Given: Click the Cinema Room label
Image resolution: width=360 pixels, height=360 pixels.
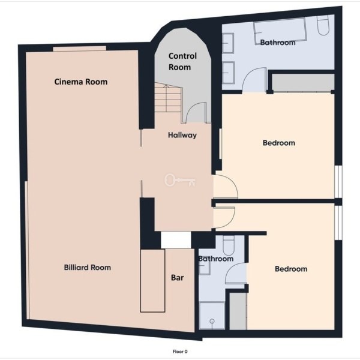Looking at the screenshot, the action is (x=81, y=82).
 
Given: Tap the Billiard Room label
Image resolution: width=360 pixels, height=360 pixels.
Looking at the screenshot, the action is (x=88, y=268).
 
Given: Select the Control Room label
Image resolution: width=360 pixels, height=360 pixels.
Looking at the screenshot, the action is (x=182, y=62).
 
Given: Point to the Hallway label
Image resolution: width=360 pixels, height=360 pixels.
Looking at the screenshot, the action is (x=182, y=135).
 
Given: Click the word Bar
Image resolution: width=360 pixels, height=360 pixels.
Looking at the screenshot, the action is (x=177, y=278).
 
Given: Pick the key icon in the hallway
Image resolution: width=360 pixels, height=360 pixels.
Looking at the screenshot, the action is (x=180, y=180).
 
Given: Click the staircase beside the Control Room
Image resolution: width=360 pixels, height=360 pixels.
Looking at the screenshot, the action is (x=168, y=98).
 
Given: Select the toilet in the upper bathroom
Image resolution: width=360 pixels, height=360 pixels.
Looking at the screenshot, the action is (x=323, y=25).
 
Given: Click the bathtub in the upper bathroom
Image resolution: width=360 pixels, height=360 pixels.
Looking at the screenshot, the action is (x=280, y=31).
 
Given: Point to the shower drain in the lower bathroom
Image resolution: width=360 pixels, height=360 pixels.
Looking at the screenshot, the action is (x=212, y=321).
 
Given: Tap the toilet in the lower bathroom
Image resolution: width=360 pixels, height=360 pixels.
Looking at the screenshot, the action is (x=229, y=245).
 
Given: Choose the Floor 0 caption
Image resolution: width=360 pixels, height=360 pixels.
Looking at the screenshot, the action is (x=180, y=352).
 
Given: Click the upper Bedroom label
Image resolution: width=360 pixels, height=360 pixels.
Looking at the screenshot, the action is (x=279, y=143).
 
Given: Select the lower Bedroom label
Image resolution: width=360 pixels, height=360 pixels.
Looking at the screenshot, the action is (x=291, y=269).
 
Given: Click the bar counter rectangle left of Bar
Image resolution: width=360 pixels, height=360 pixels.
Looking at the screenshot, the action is (x=152, y=281).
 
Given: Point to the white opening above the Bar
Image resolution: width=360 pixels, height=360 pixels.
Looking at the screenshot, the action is (x=176, y=240).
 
